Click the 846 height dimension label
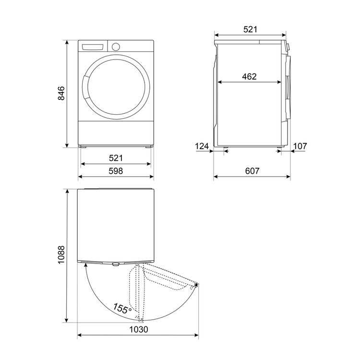pyautogui.click(x=61, y=94)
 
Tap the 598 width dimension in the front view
pyautogui.click(x=116, y=171)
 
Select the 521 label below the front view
pyautogui.click(x=116, y=158)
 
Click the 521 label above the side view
pyautogui.click(x=250, y=29)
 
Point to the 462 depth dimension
pyautogui.click(x=249, y=76)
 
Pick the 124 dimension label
pyautogui.click(x=202, y=146)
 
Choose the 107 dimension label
pyautogui.click(x=300, y=146)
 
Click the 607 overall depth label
pyautogui.click(x=252, y=171)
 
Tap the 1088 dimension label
pyautogui.click(x=61, y=255)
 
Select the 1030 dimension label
pyautogui.click(x=139, y=330)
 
